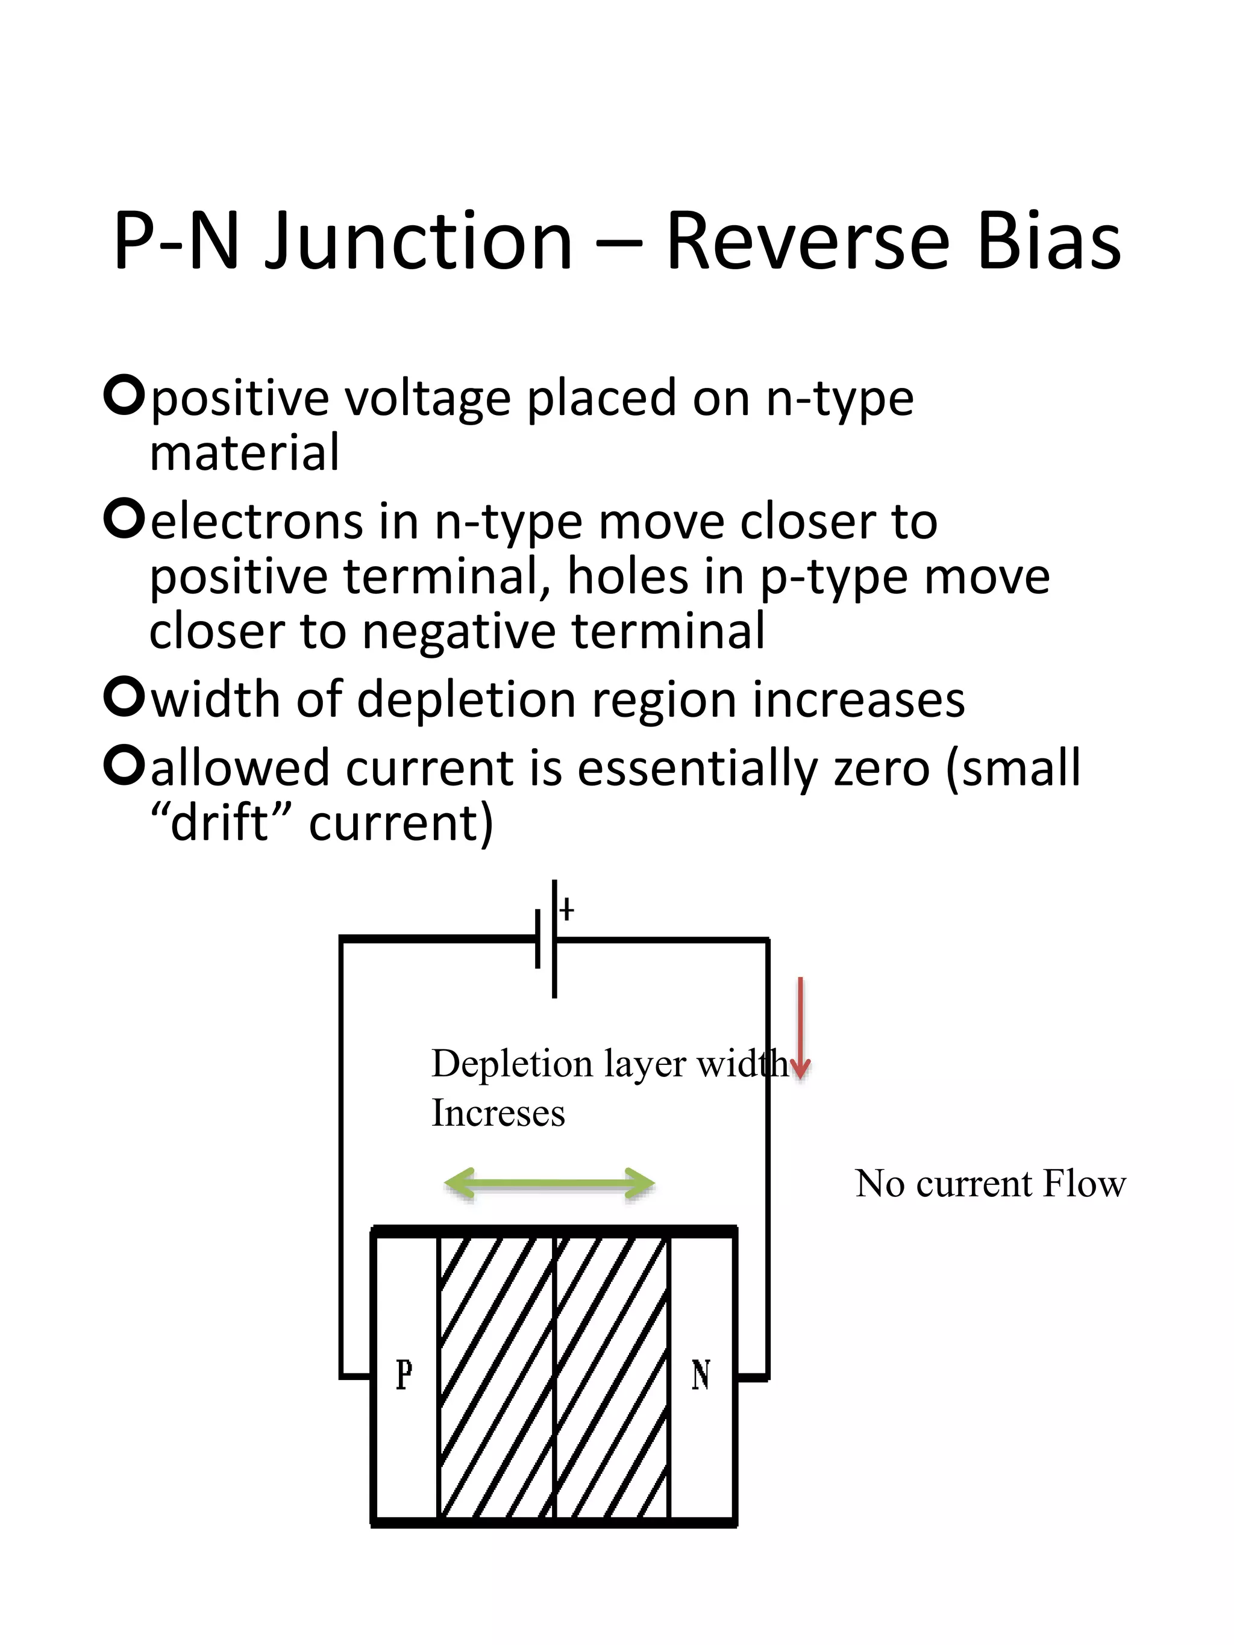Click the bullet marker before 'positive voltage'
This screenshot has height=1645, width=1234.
pos(124,396)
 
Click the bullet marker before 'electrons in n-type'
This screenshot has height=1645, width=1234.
pos(124,520)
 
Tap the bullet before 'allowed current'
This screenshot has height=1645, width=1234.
pos(124,767)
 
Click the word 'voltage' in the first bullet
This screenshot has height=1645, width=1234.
pos(428,399)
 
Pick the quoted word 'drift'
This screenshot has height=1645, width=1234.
pos(219,823)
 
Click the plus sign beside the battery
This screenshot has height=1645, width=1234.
pos(567,910)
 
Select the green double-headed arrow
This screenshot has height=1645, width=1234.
pos(549,1183)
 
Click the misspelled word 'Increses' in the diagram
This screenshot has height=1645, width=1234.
pos(498,1113)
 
